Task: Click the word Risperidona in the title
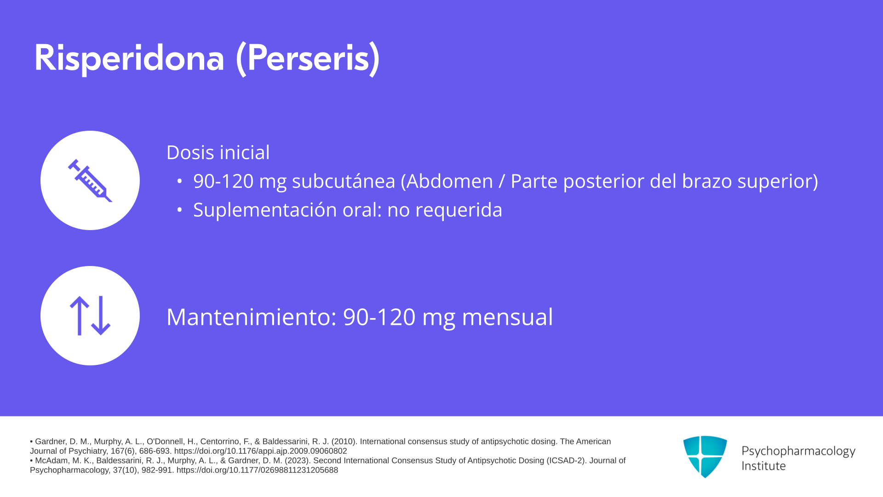click(129, 58)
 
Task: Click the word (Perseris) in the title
click(308, 58)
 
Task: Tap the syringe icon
click(90, 180)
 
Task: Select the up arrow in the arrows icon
click(80, 316)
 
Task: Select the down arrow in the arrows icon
click(101, 316)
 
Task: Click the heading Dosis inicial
click(218, 152)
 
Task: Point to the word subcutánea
click(344, 181)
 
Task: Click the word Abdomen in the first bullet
click(449, 181)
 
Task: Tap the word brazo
click(707, 181)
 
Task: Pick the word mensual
click(507, 317)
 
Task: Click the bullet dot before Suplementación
click(180, 210)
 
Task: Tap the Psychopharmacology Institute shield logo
click(705, 457)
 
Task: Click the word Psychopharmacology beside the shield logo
click(798, 451)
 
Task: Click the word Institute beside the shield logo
click(763, 466)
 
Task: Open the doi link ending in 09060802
click(260, 451)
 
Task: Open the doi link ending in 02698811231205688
click(257, 470)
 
